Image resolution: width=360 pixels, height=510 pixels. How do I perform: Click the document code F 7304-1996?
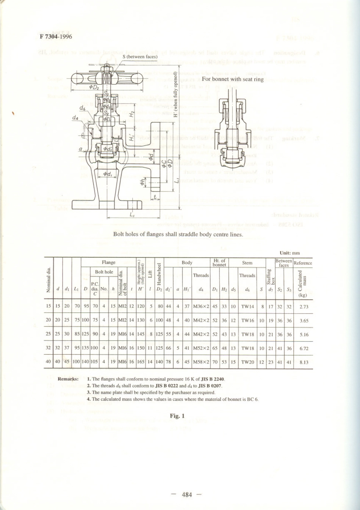56,37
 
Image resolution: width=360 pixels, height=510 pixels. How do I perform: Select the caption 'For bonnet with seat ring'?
233,79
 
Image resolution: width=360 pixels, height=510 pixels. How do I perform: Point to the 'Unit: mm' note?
290,253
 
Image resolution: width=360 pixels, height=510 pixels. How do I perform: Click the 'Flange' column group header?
108,262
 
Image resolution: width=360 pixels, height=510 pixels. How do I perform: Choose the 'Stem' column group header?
247,262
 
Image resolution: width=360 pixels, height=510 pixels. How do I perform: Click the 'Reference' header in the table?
303,263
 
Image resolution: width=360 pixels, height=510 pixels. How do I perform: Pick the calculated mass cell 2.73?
304,307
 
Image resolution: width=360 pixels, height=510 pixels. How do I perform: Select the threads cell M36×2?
201,307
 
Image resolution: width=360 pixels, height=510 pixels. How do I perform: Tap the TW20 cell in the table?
247,362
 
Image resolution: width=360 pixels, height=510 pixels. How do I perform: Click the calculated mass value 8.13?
304,362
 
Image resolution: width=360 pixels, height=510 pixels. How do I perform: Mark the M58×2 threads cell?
201,362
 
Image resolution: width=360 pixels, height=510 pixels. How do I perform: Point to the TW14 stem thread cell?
247,307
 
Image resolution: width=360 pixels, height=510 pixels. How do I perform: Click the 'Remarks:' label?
68,379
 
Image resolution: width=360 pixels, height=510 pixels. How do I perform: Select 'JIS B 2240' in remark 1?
213,379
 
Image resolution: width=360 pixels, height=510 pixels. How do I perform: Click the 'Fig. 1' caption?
177,416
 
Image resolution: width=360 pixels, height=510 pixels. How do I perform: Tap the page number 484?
187,494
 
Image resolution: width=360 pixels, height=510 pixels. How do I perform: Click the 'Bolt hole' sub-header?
104,272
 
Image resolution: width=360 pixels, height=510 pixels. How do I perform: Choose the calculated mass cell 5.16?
304,334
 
